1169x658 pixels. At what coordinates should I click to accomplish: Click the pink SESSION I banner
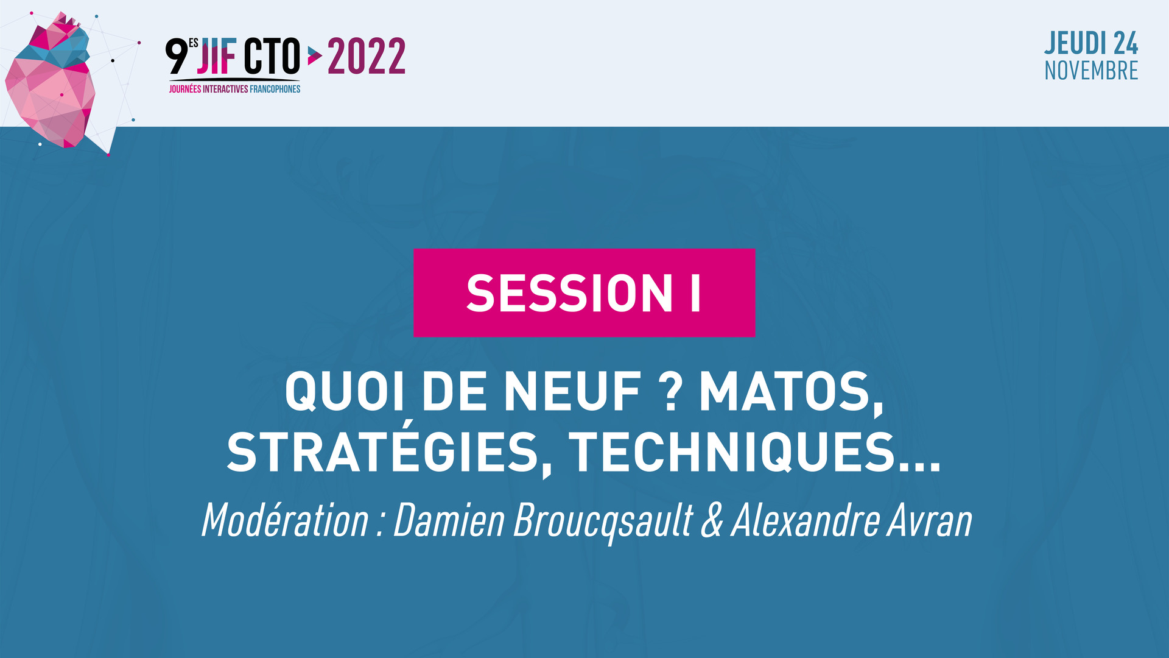tap(584, 292)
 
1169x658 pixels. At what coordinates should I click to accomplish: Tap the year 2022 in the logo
tap(367, 56)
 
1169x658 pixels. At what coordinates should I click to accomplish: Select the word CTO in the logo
tap(272, 56)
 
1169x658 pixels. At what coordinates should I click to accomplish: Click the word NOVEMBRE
tap(1091, 71)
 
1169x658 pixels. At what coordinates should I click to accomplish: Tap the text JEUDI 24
tap(1091, 43)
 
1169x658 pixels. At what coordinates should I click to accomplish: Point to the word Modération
tap(285, 520)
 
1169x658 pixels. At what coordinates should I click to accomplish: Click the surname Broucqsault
tap(603, 522)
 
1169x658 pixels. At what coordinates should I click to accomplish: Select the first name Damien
tap(449, 520)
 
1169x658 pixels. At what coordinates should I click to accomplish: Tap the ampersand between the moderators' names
tap(712, 521)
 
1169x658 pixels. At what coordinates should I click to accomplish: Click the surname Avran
tap(929, 521)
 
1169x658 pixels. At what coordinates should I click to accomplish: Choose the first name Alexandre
tap(804, 521)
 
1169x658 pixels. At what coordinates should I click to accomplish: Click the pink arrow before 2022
tap(314, 56)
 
